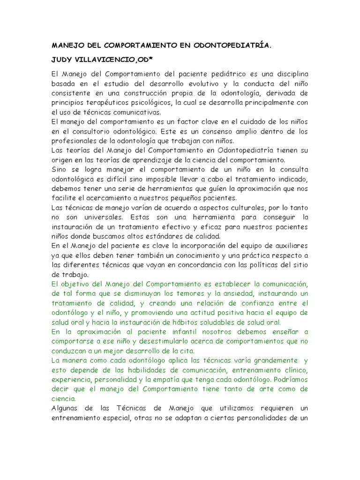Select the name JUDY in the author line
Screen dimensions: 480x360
(x=62, y=60)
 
